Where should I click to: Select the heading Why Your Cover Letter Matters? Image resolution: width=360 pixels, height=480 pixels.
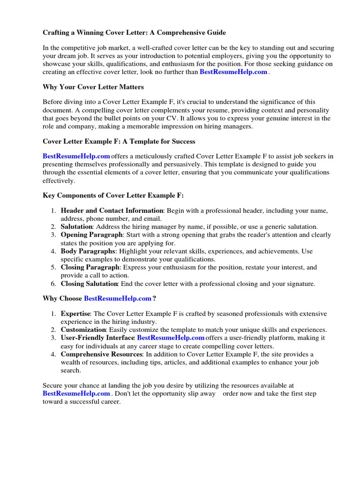[93, 87]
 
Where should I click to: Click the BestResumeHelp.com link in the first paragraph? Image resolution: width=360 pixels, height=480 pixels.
[233, 72]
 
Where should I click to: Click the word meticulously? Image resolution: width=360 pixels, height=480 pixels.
[157, 156]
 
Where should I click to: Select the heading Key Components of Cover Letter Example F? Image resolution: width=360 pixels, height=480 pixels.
[113, 195]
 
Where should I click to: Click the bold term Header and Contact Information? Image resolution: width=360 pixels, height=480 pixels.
[112, 210]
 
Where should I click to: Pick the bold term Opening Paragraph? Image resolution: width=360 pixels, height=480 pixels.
[92, 235]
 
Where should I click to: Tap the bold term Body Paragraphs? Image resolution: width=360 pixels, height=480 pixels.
[88, 251]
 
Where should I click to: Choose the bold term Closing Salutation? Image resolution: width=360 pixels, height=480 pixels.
[89, 284]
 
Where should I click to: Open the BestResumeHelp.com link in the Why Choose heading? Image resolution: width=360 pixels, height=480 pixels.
[118, 299]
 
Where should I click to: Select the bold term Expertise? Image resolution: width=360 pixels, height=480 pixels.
[75, 314]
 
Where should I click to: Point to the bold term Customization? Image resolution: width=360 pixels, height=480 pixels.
[83, 330]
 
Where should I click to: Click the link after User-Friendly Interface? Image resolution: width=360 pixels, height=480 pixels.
[171, 338]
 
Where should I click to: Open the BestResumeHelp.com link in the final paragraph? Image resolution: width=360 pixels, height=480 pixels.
[76, 394]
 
